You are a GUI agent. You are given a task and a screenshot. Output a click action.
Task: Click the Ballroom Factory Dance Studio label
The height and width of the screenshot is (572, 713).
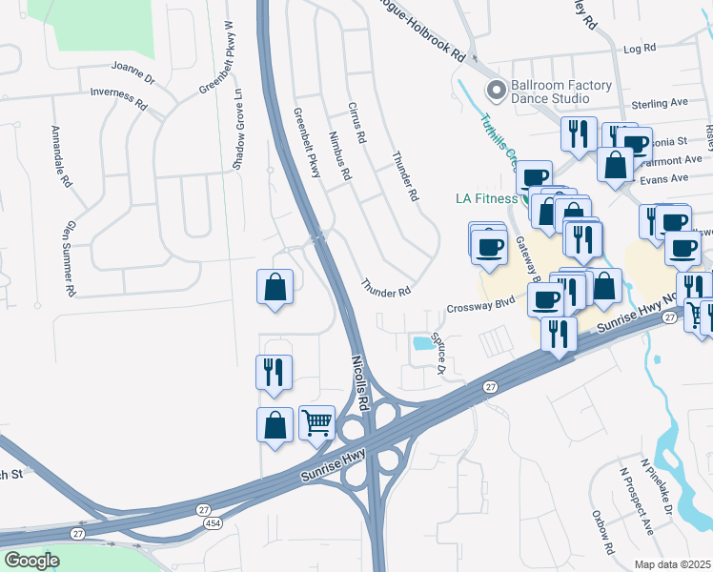click(560, 92)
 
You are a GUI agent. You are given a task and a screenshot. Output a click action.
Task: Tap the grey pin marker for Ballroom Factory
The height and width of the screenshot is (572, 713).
click(496, 92)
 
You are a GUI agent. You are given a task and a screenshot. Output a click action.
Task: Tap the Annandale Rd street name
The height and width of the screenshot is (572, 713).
click(60, 155)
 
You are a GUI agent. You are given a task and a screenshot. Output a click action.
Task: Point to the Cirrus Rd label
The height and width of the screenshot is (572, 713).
click(357, 122)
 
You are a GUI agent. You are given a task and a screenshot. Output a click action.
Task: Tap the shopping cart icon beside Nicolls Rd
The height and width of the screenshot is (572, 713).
click(317, 421)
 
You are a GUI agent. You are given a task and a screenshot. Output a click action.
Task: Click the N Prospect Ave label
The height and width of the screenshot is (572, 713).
click(636, 500)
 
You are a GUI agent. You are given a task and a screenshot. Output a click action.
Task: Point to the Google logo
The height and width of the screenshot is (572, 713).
click(31, 561)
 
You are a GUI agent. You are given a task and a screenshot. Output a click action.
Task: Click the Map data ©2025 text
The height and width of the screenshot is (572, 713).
click(672, 564)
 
